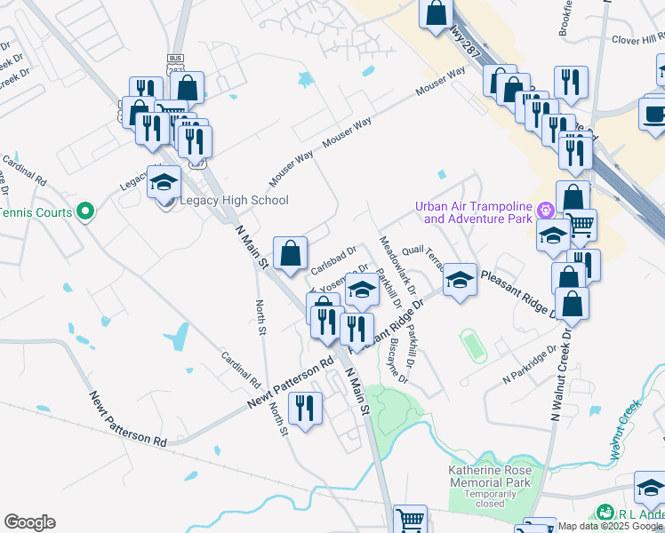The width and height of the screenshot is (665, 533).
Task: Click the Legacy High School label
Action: pos(234,200)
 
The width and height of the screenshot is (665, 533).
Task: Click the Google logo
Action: pos(29,522)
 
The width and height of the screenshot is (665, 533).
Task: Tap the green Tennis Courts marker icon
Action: pos(84,211)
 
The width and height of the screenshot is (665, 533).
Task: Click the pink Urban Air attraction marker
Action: pos(544,211)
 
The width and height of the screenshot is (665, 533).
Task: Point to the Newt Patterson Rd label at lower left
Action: pos(127,418)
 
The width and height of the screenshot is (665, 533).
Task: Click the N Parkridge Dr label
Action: pos(529,364)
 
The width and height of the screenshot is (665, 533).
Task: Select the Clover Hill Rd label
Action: pos(638,38)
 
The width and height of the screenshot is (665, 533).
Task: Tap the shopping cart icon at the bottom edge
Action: pos(410,520)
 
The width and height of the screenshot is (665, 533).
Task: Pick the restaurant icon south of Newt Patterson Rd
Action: pos(305,408)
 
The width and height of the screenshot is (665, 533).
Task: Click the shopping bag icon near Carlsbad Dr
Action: pos(290,252)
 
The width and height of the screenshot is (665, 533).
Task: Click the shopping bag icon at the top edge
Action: pos(437,13)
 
